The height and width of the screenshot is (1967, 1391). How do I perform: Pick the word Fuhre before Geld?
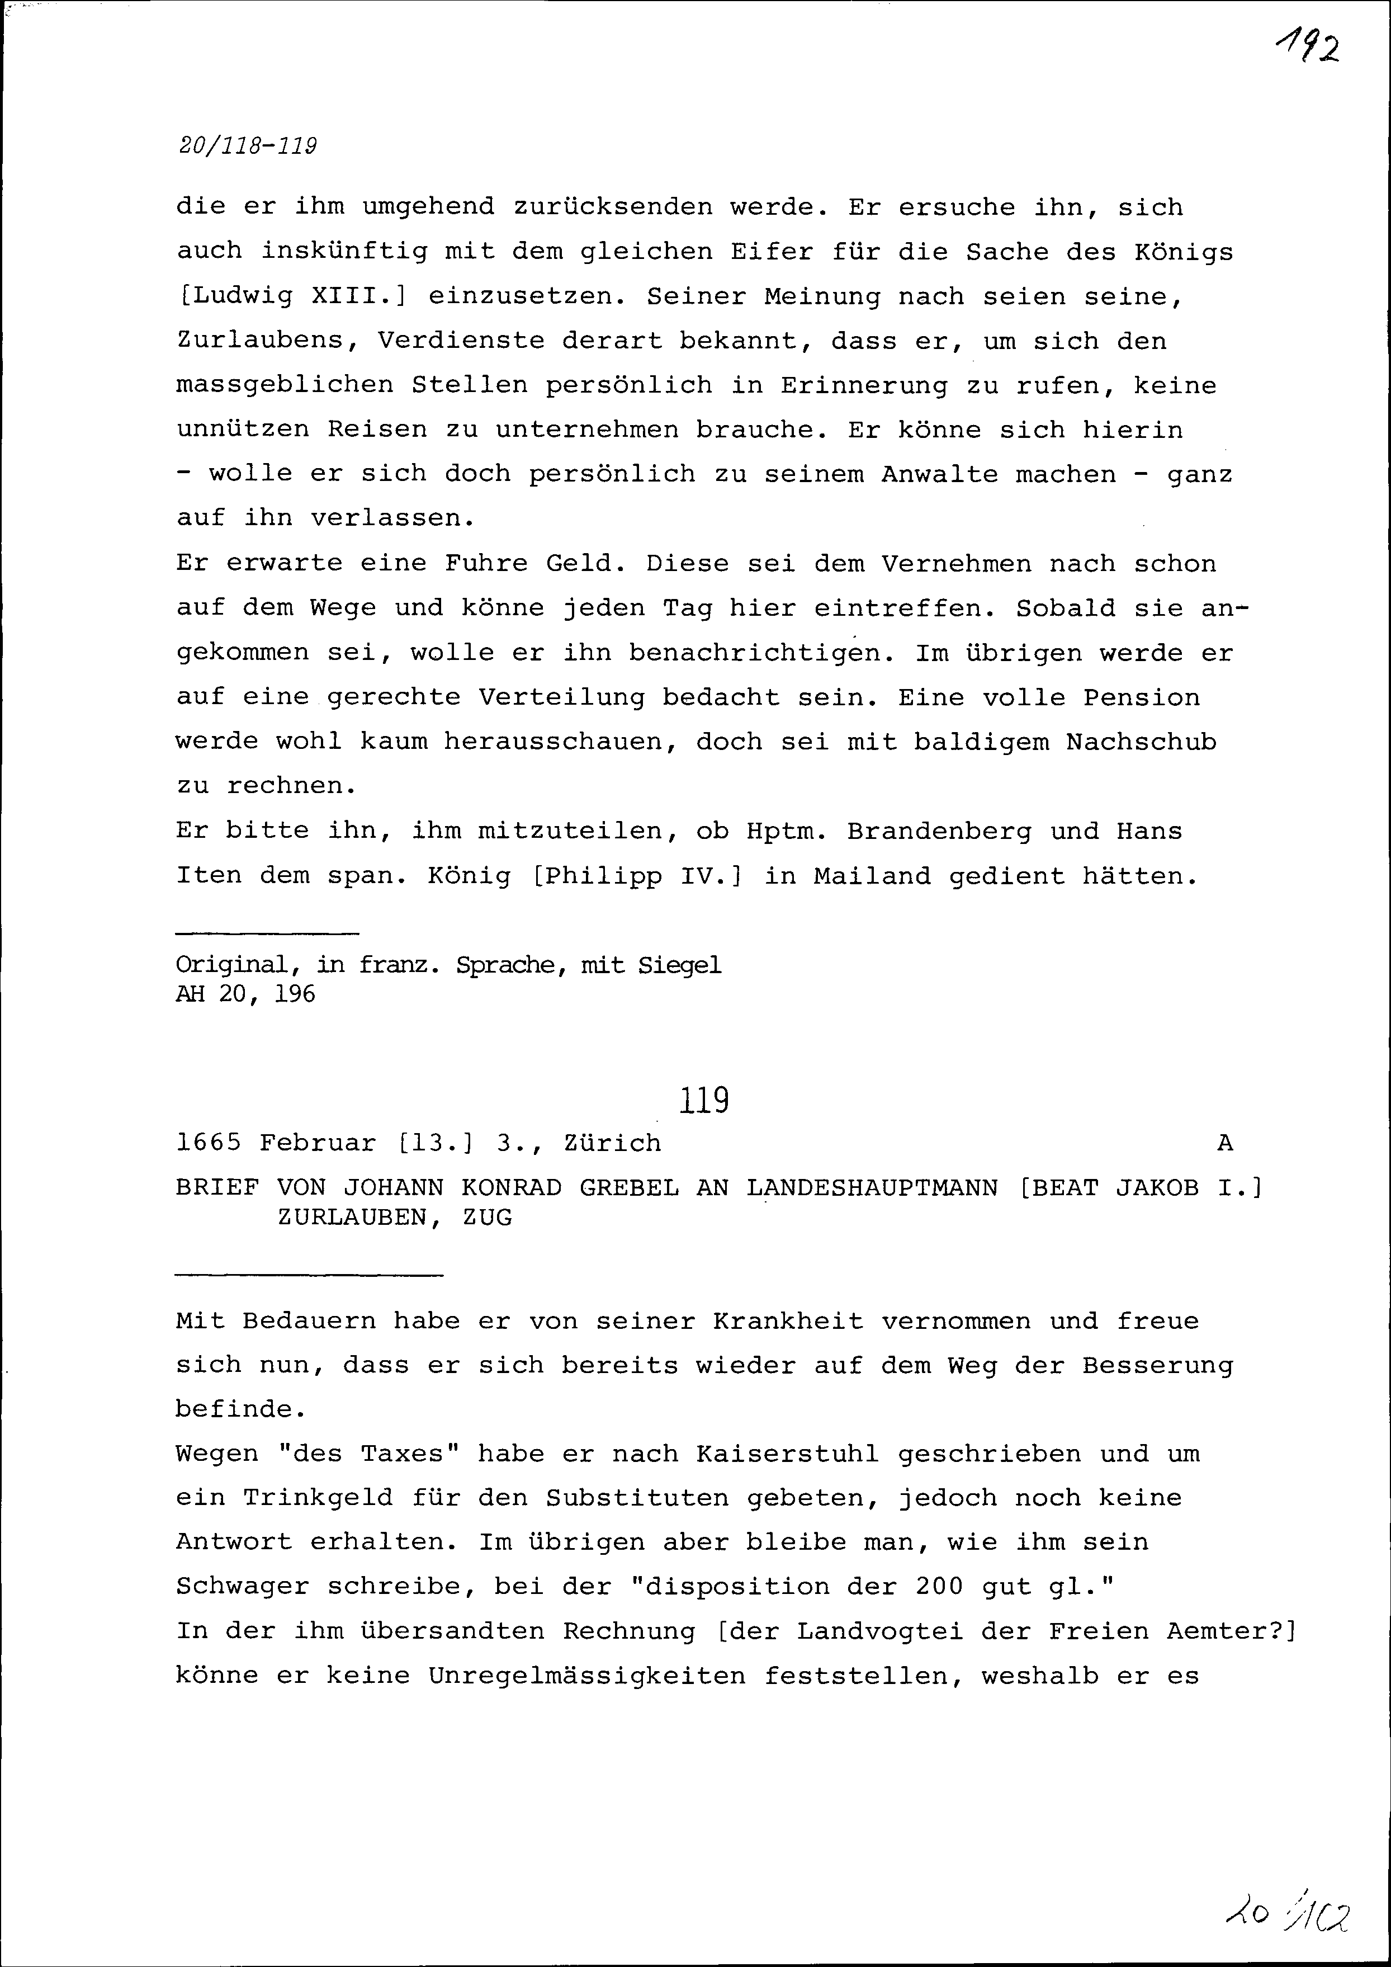(486, 564)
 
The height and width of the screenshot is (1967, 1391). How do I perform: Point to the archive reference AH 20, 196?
(246, 994)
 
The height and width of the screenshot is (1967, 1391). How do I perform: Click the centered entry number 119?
(704, 1100)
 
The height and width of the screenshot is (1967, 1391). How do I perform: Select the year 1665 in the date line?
(208, 1143)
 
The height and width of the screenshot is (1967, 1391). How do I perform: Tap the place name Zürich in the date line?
(612, 1143)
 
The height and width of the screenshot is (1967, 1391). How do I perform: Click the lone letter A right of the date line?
(1225, 1143)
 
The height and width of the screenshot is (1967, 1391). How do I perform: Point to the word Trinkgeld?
(318, 1498)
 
